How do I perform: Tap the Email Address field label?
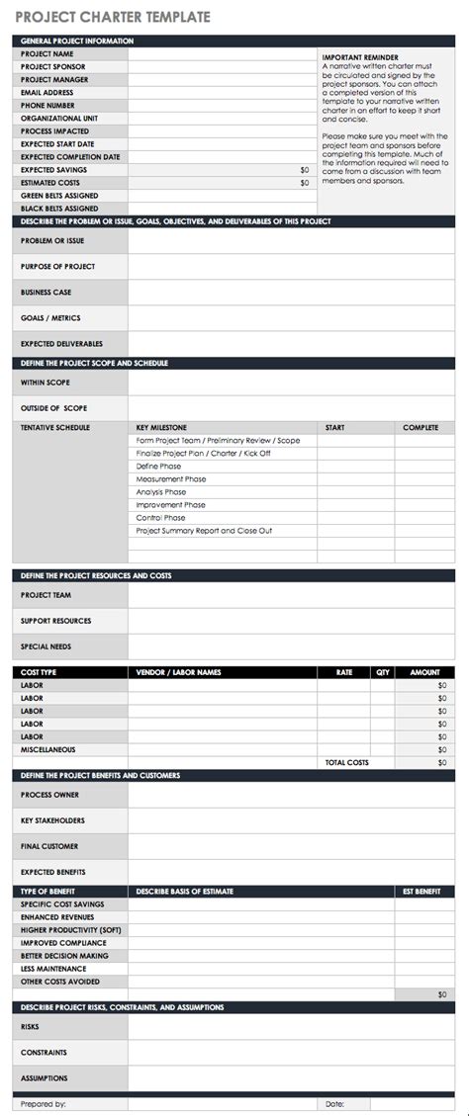[x=47, y=93]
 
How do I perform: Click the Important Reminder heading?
[x=359, y=58]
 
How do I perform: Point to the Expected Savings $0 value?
[x=304, y=170]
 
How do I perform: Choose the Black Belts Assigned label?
[x=59, y=209]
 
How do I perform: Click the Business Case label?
[x=46, y=293]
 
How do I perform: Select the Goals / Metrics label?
[x=50, y=318]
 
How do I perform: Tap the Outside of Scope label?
[x=53, y=408]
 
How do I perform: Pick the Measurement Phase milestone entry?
[x=171, y=479]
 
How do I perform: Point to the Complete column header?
[x=421, y=428]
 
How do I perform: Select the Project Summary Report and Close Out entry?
[x=204, y=531]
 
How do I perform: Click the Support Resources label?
[x=55, y=621]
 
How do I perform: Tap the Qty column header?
[x=382, y=672]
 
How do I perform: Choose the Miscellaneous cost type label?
[x=47, y=749]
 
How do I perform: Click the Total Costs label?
[x=346, y=762]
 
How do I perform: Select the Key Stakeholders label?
[x=52, y=820]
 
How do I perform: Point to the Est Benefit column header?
[x=422, y=892]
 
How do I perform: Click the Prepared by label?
[x=43, y=1103]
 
